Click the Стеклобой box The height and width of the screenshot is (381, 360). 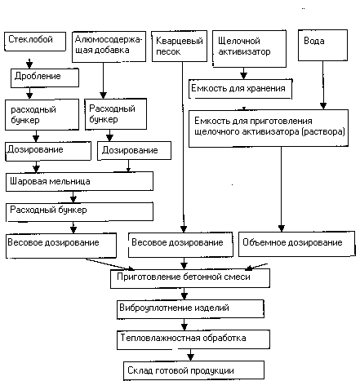(35, 42)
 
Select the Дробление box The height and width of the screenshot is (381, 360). (45, 78)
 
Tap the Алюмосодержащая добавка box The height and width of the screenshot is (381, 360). (109, 47)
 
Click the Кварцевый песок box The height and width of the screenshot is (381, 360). (180, 47)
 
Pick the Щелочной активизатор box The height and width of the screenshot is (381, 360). (249, 49)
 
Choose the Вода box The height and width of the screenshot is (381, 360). (322, 45)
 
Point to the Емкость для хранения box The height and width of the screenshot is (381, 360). (240, 89)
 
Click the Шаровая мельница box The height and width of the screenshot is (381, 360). (79, 181)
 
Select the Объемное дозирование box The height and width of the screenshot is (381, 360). (297, 244)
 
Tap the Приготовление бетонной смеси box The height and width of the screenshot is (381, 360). (190, 278)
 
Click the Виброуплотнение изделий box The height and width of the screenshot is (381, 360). (190, 309)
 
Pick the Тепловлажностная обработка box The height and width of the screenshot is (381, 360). (193, 340)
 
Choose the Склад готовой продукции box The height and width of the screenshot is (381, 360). (193, 370)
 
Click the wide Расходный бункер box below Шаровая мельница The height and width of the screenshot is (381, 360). (79, 211)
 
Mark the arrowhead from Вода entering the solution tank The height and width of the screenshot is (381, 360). (323, 106)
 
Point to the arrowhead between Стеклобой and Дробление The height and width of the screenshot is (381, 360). (29, 64)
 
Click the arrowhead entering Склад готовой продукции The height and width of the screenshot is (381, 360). (190, 357)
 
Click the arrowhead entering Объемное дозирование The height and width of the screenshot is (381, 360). (282, 228)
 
